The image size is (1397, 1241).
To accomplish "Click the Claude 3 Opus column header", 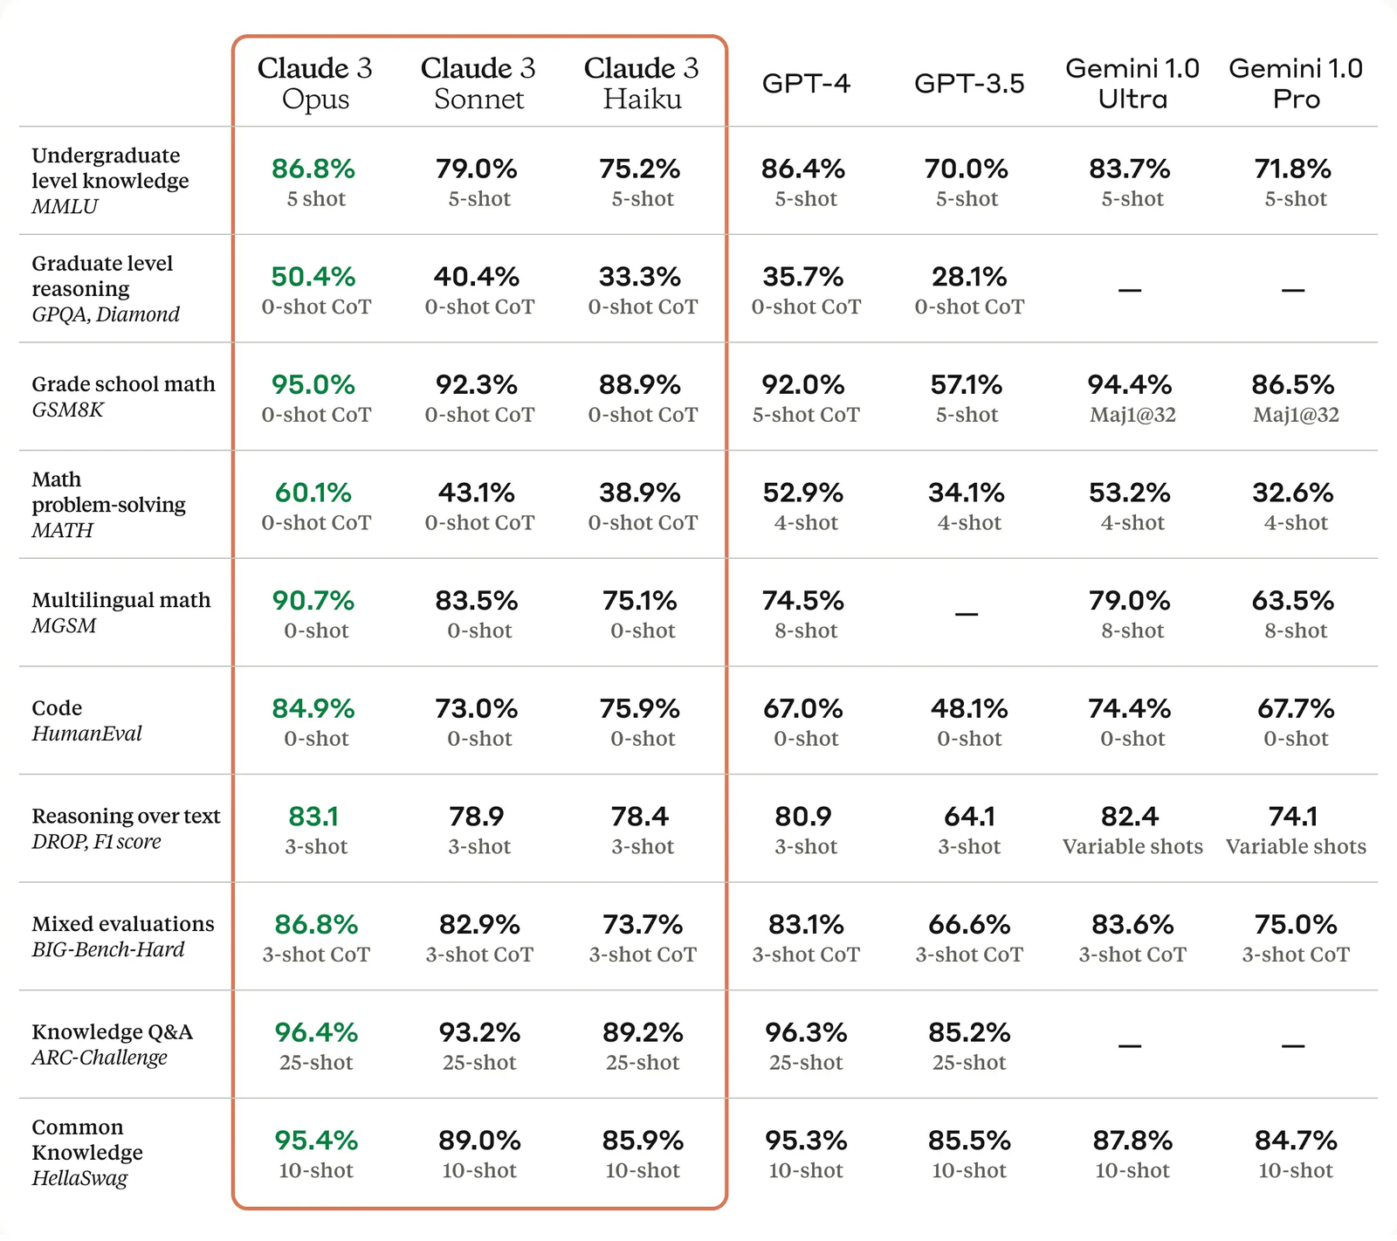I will (314, 83).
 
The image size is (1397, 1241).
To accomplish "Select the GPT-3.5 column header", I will (969, 83).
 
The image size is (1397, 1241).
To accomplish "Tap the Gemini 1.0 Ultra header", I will (1132, 83).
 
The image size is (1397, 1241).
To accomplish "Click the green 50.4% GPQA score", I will (313, 277).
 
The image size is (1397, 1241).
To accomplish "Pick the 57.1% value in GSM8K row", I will (967, 385).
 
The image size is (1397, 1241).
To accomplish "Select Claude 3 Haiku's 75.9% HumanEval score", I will (640, 708).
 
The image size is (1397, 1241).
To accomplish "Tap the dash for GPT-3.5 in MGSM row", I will (967, 614).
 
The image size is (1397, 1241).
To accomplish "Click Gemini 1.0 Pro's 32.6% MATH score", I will (1293, 493).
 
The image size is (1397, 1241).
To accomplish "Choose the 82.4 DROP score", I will (1130, 817).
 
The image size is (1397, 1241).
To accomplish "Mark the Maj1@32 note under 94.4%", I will (1132, 415).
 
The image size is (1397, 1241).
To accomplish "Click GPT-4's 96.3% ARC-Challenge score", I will (806, 1032).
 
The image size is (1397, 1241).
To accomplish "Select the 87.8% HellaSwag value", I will (1132, 1141).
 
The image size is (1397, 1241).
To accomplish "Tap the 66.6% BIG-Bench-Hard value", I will (969, 924).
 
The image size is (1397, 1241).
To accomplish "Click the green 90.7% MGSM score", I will (313, 601).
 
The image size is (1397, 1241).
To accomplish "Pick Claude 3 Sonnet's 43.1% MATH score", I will (477, 493).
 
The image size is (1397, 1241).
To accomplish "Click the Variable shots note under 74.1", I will (1296, 846).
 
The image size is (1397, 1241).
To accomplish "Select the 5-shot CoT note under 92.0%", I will (806, 415).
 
